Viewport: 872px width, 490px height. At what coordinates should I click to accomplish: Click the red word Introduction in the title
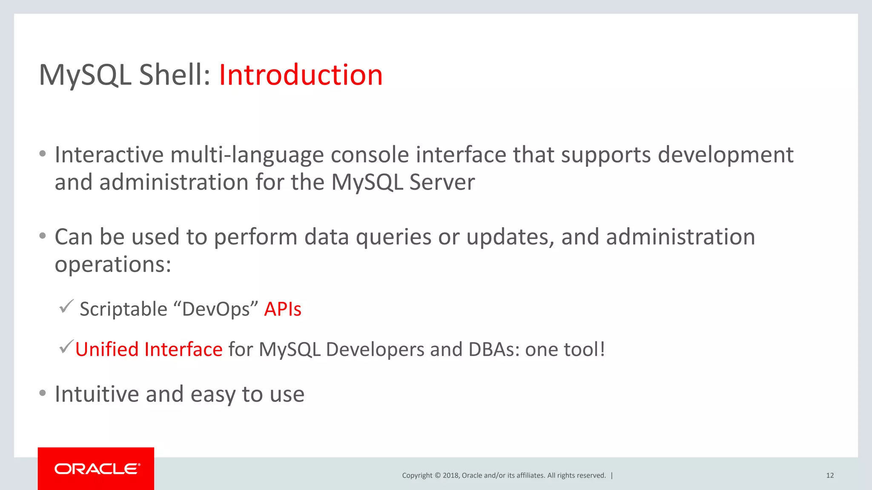click(301, 75)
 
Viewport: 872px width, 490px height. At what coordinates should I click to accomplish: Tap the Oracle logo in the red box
click(97, 469)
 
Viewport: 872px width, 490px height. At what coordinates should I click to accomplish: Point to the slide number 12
click(829, 476)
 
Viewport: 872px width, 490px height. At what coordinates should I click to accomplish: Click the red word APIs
click(282, 309)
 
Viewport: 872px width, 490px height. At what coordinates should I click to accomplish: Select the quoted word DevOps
click(216, 309)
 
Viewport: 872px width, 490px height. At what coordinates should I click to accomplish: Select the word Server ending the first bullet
click(442, 182)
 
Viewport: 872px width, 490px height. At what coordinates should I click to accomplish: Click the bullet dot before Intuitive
click(42, 393)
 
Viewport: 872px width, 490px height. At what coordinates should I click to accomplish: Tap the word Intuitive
click(97, 394)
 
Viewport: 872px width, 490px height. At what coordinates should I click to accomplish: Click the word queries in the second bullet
click(393, 237)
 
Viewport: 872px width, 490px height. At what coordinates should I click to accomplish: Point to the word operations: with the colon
click(113, 265)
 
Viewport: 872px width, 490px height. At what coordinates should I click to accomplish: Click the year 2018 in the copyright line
click(450, 476)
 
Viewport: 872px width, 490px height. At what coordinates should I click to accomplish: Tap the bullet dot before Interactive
click(42, 154)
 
